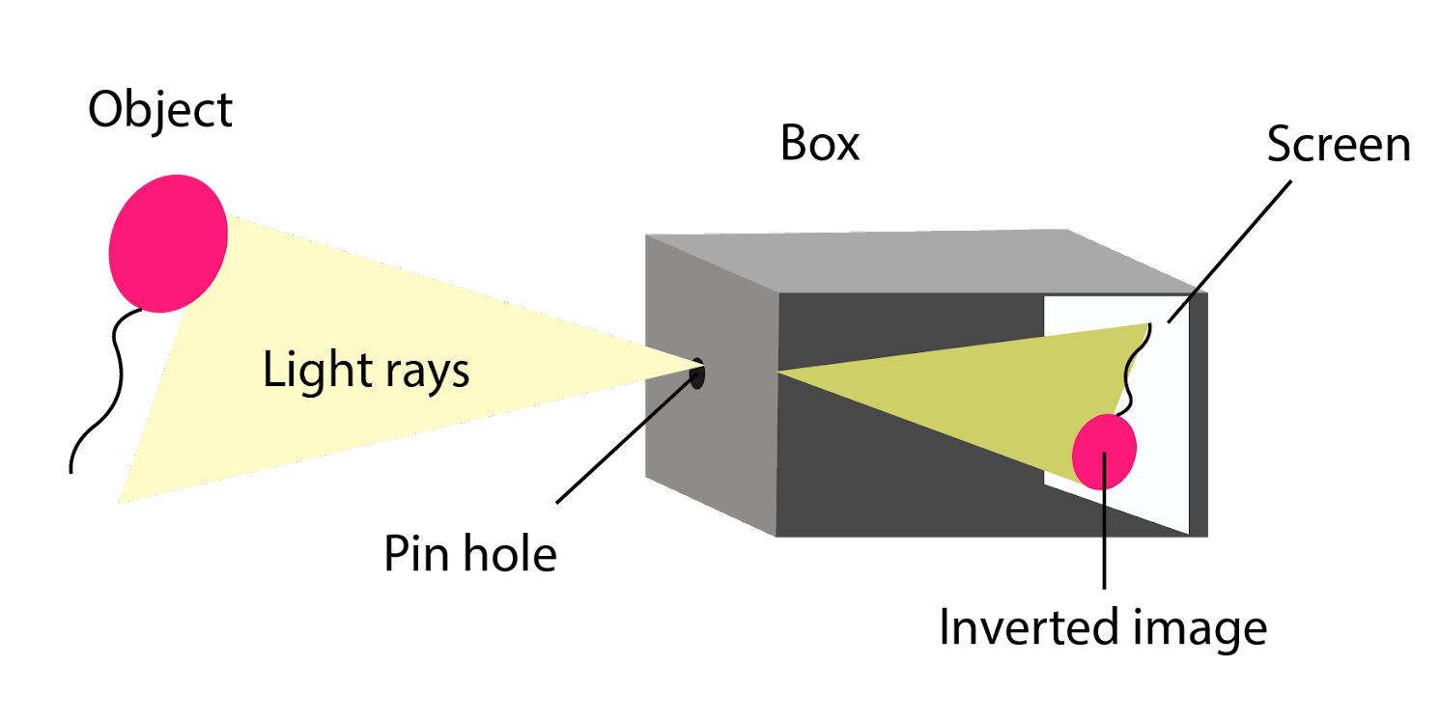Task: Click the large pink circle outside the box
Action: click(x=167, y=243)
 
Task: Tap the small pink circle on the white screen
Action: click(x=1104, y=449)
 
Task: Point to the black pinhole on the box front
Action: click(x=697, y=374)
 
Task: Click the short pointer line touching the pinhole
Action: click(x=669, y=400)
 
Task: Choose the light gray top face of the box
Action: click(x=918, y=261)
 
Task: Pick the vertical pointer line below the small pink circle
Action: click(x=1104, y=512)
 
